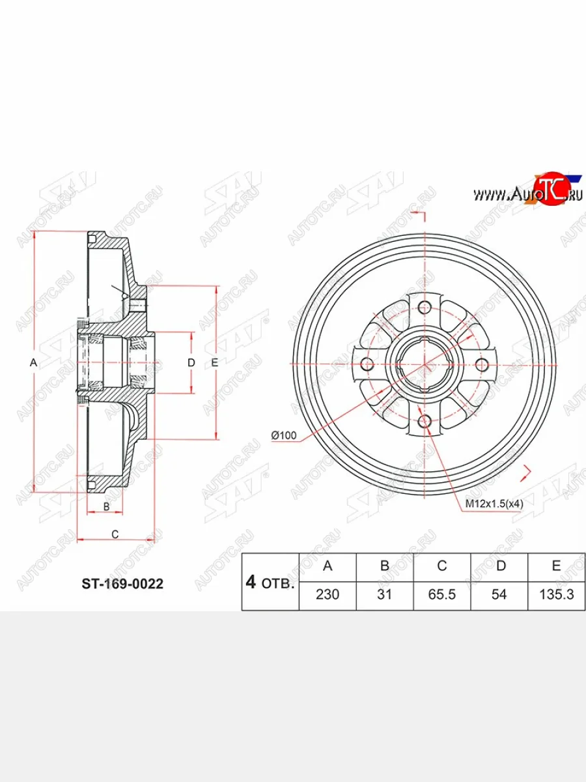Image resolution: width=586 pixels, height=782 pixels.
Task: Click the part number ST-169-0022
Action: [x=122, y=584]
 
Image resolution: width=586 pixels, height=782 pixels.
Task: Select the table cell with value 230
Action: [x=328, y=596]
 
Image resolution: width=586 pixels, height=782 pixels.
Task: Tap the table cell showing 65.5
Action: [x=441, y=596]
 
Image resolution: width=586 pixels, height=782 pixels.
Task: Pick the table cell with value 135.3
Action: [x=556, y=596]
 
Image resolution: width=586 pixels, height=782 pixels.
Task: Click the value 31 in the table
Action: [x=385, y=596]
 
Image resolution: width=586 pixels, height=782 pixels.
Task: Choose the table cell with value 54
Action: [x=499, y=596]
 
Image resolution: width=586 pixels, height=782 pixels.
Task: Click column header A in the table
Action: [x=328, y=566]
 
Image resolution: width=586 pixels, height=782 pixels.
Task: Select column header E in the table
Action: [x=556, y=566]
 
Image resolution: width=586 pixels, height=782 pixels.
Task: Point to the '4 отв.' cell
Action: [x=270, y=582]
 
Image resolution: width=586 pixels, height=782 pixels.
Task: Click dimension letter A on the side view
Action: [x=34, y=363]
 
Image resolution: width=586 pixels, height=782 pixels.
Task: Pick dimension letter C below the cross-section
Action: [x=115, y=534]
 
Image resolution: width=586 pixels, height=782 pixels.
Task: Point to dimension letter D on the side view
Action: [x=191, y=363]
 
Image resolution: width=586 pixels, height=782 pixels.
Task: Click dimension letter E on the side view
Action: [x=214, y=363]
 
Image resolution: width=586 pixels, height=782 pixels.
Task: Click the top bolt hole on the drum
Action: [x=425, y=307]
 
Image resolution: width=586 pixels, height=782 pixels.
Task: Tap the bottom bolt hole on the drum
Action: [x=425, y=422]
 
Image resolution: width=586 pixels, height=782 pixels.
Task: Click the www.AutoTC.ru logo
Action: [x=527, y=192]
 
